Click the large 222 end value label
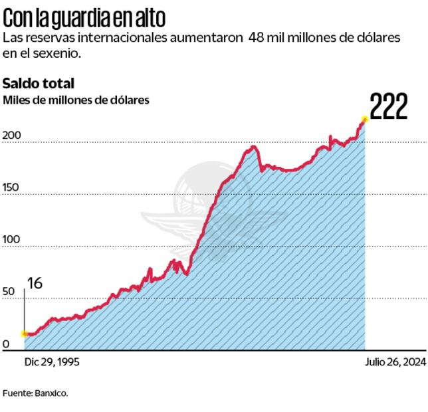pos(388,107)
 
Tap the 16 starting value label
pos(35,283)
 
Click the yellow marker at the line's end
pos(364,120)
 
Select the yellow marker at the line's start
pos(25,334)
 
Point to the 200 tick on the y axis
pos(12,136)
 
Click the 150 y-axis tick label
pos(12,188)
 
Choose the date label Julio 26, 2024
pos(395,362)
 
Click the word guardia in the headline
pos(78,17)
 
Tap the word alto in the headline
pos(150,17)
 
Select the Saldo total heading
pos(38,83)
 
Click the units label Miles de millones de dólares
pos(76,100)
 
